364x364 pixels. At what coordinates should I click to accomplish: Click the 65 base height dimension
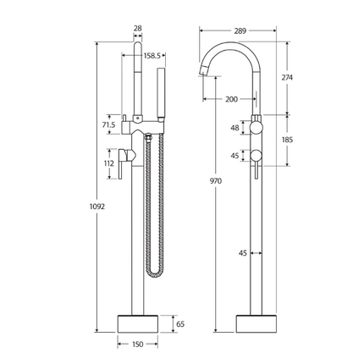click(x=178, y=323)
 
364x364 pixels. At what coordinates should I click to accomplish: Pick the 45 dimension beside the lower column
click(x=242, y=251)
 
